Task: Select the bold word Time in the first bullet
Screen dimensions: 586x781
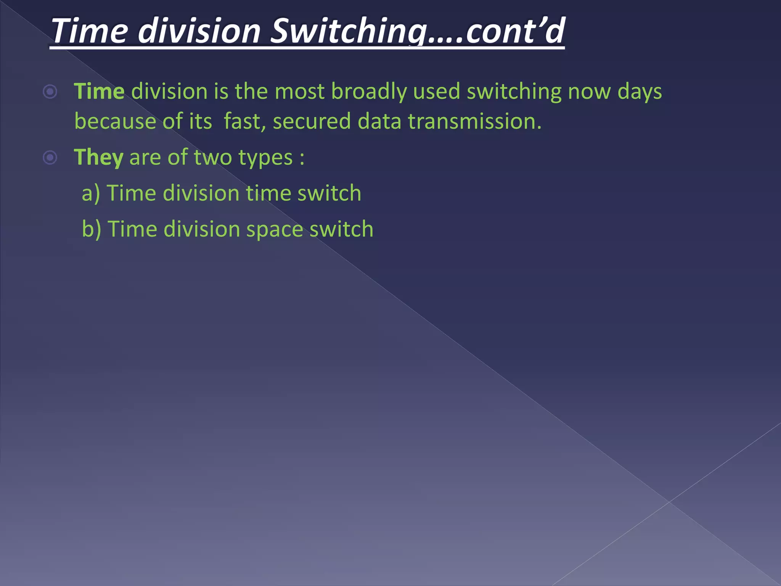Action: coord(99,92)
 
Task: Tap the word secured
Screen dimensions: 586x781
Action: coord(312,121)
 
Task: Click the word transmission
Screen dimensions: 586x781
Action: coord(474,121)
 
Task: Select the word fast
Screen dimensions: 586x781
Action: coord(244,121)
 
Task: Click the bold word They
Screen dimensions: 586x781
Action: coord(98,157)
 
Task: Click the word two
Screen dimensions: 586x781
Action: coord(213,157)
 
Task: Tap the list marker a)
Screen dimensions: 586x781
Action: coord(91,193)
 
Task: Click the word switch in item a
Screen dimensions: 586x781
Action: coord(329,193)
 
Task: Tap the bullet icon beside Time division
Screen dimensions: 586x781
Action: coord(50,92)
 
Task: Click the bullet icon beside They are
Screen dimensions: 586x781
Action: coord(50,157)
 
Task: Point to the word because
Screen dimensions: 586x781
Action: coord(115,121)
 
